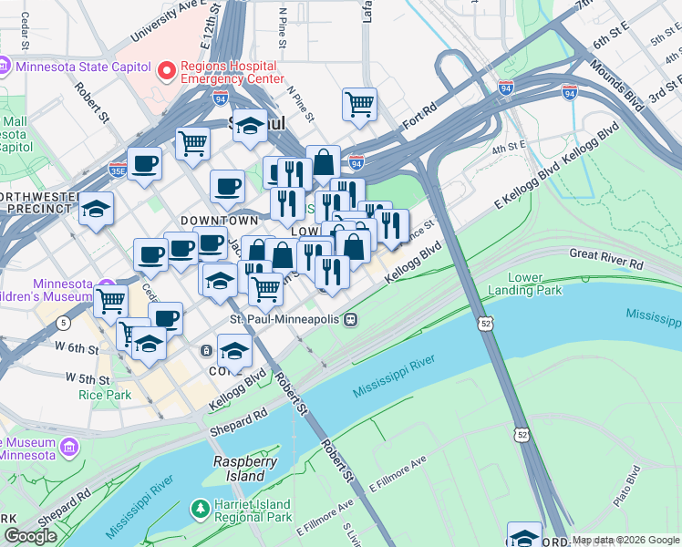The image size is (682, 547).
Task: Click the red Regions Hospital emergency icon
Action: (166, 69)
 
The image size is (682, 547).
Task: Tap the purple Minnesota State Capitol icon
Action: (5, 66)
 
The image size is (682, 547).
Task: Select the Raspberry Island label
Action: (245, 469)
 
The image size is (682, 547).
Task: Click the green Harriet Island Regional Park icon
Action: (199, 508)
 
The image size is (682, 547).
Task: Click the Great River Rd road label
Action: (606, 258)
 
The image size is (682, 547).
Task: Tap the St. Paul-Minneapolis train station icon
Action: (350, 320)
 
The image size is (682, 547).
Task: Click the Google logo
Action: (30, 537)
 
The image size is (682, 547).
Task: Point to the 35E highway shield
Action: (117, 170)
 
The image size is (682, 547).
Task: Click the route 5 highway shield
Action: (62, 323)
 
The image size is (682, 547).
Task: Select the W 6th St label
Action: (76, 348)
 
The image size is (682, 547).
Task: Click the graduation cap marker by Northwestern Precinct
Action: (96, 209)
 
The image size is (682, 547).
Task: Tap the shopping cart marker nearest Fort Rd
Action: (360, 103)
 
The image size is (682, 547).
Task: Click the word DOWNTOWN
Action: (219, 221)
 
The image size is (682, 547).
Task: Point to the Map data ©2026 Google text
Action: (625, 540)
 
